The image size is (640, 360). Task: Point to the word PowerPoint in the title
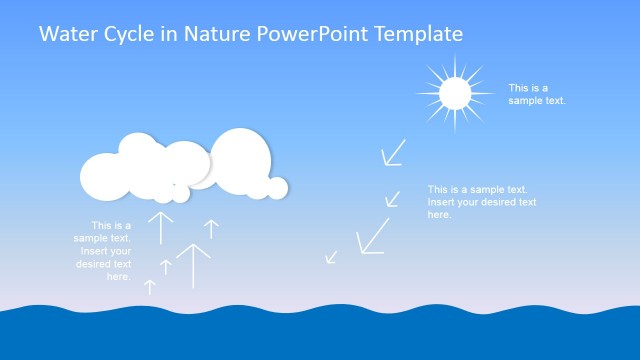point(312,34)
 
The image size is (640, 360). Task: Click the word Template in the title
point(419,34)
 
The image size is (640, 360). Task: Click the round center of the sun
point(454,94)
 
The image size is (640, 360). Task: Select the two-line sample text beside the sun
point(537,94)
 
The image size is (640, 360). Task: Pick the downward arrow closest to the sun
point(393,152)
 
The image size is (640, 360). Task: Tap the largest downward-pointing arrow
point(372,236)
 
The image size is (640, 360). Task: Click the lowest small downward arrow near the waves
point(331,257)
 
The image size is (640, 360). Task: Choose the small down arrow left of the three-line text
point(393,199)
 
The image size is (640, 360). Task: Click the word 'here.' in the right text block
point(440,214)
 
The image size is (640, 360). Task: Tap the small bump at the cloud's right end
point(277,187)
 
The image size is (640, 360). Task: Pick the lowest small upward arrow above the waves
point(150,287)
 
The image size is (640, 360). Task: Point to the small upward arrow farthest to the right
point(211,229)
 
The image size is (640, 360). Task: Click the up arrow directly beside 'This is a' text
point(161,227)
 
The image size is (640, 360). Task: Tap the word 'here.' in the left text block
point(118,276)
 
